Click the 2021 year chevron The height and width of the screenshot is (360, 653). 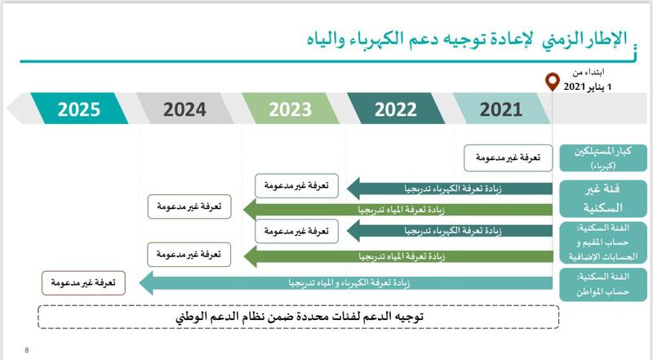(x=500, y=109)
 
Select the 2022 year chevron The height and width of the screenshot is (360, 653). (x=396, y=109)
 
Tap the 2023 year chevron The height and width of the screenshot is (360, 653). (x=291, y=109)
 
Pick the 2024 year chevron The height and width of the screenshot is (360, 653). (x=185, y=109)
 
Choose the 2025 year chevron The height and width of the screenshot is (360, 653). (x=78, y=109)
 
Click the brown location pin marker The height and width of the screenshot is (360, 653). (x=553, y=82)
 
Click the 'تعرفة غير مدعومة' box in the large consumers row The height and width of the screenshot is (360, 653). (x=507, y=156)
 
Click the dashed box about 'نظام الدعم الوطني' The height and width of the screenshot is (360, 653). (x=299, y=315)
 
